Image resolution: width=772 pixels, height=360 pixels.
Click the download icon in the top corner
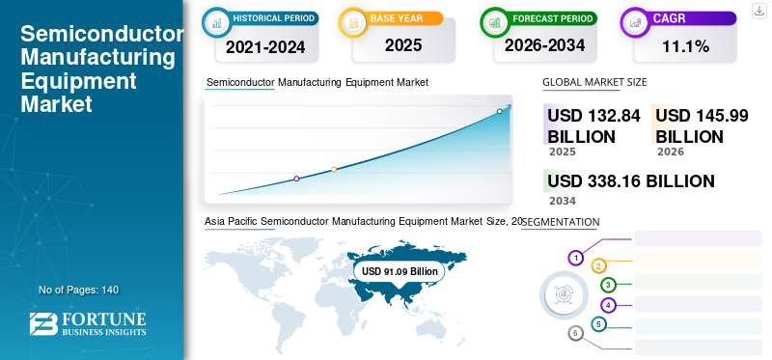(x=758, y=11)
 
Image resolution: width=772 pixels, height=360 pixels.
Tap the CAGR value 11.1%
(x=685, y=46)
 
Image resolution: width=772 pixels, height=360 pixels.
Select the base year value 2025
(x=403, y=45)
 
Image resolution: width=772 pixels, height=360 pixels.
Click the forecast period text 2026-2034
(x=544, y=45)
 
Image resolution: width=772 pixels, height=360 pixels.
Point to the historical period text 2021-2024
(x=265, y=47)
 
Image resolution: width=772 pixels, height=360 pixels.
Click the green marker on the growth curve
(x=499, y=111)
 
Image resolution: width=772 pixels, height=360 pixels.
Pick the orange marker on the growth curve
(x=334, y=170)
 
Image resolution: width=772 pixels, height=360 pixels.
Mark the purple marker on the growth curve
(x=296, y=179)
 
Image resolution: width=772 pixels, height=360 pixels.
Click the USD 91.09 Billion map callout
(x=400, y=271)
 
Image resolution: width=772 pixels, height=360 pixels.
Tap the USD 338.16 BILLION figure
(x=631, y=181)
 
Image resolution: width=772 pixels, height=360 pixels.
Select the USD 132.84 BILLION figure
(x=593, y=126)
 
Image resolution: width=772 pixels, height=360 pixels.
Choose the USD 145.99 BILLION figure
(x=702, y=126)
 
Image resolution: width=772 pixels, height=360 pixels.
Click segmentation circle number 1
(x=575, y=258)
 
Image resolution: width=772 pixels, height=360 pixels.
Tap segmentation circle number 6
(x=575, y=333)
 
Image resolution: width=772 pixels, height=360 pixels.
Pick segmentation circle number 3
(x=609, y=284)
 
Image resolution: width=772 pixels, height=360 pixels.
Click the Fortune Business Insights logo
(x=88, y=324)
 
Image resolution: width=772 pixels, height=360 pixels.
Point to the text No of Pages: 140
(x=79, y=290)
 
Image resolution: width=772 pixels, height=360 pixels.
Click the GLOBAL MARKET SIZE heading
(x=594, y=82)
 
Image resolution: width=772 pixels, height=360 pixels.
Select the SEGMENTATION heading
(x=561, y=222)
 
